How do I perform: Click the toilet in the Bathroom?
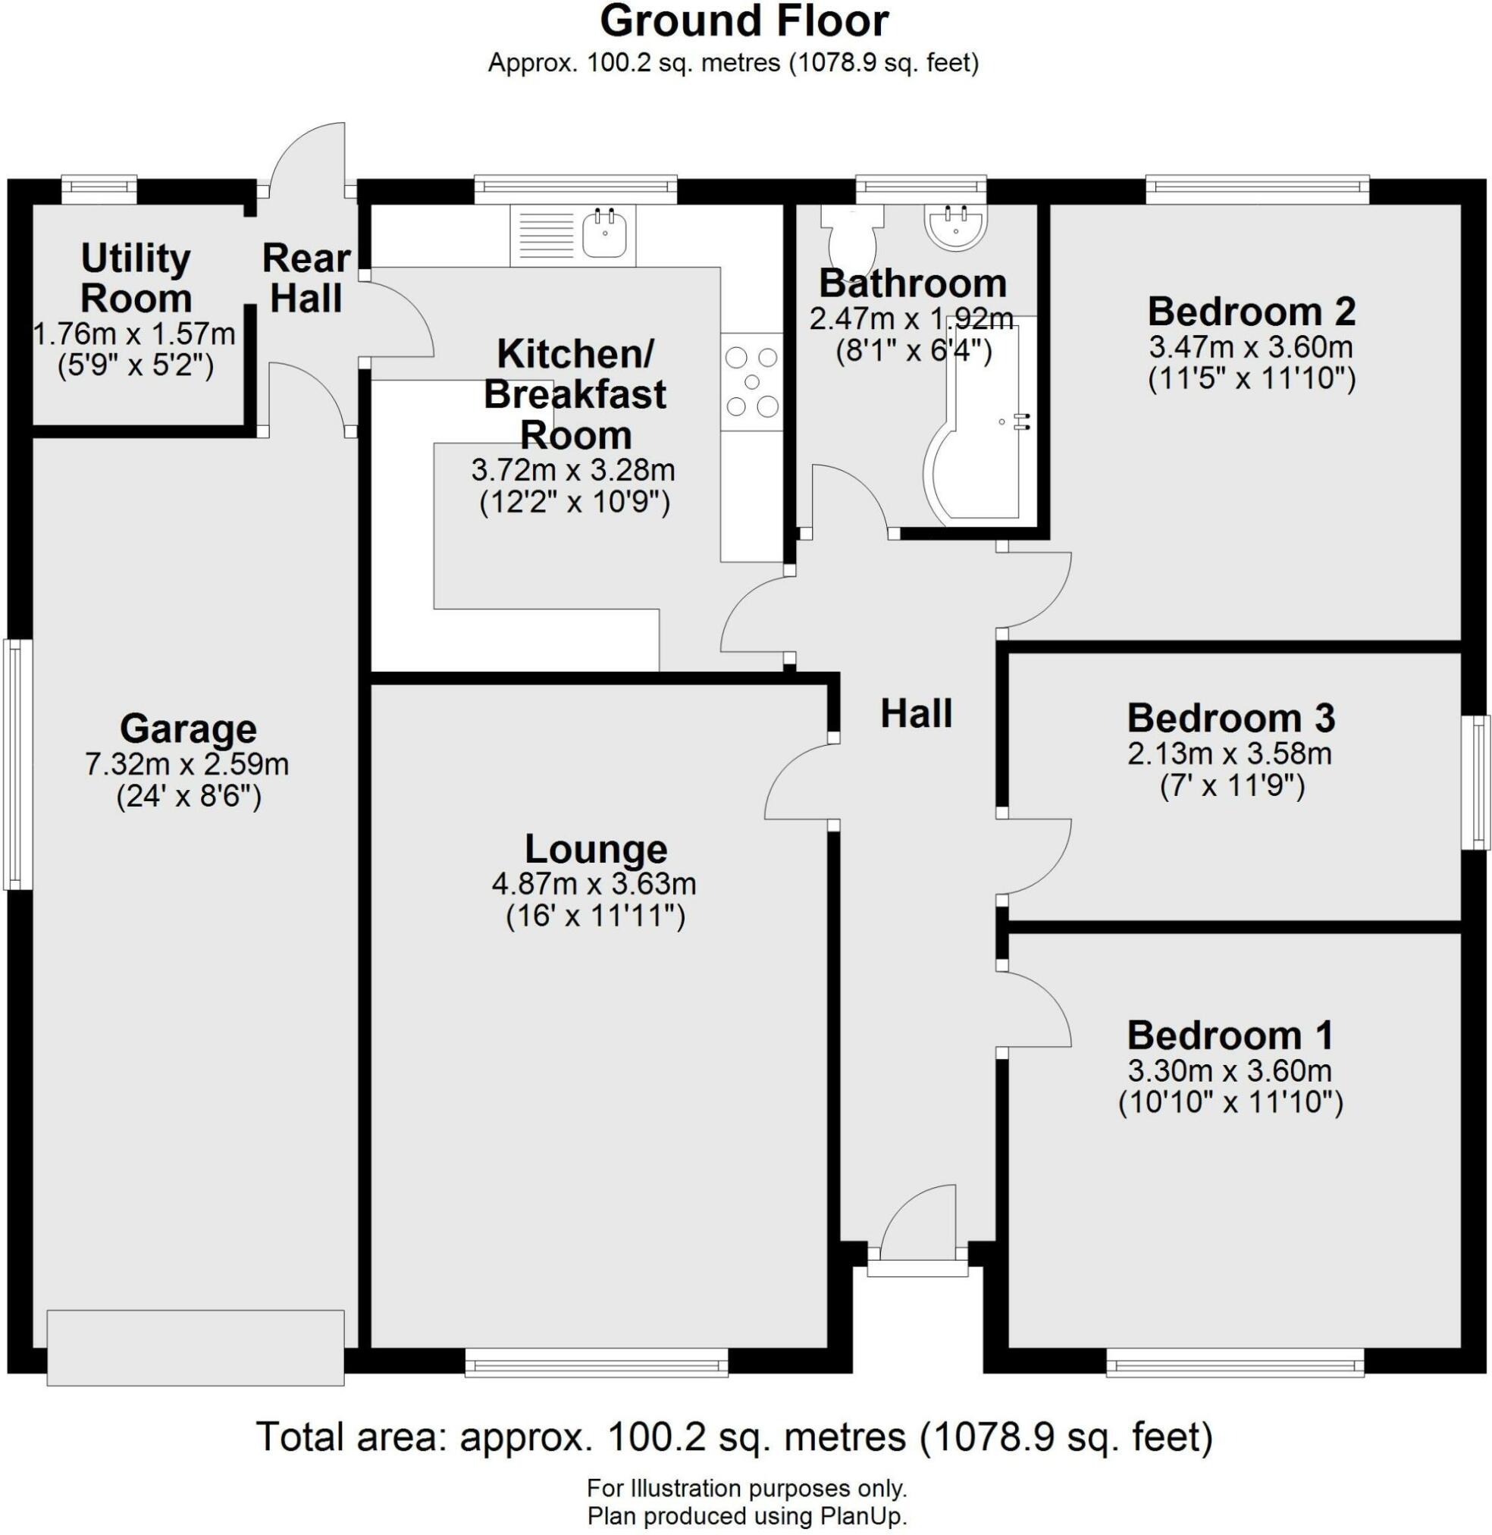click(851, 236)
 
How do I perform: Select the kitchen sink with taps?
click(604, 233)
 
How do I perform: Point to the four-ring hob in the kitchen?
click(751, 382)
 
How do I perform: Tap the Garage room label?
click(188, 728)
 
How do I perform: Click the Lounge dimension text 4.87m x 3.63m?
click(594, 884)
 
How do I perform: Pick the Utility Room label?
click(136, 278)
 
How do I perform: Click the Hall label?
click(916, 714)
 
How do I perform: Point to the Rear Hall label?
click(306, 278)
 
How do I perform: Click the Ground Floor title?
click(744, 22)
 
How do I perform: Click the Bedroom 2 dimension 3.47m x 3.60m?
click(1252, 347)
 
